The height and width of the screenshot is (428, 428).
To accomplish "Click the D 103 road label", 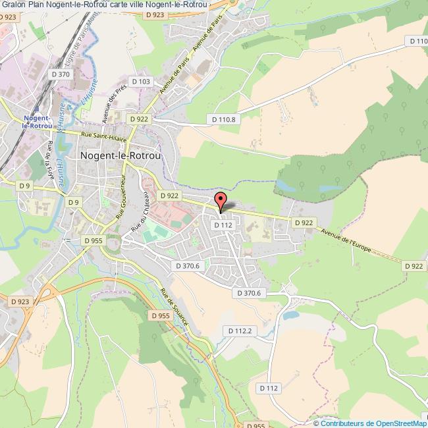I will pyautogui.click(x=142, y=81).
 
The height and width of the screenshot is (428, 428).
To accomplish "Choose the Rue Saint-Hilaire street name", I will pyautogui.click(x=104, y=136).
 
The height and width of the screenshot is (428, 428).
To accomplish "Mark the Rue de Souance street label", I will pyautogui.click(x=174, y=308).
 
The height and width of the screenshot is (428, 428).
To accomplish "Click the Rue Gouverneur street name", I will pyautogui.click(x=121, y=196).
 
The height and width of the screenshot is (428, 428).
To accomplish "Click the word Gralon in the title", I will pyautogui.click(x=13, y=5).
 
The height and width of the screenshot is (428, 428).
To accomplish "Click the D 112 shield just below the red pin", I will pyautogui.click(x=223, y=225).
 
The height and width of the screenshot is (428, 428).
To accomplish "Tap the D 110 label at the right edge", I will pyautogui.click(x=417, y=41).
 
